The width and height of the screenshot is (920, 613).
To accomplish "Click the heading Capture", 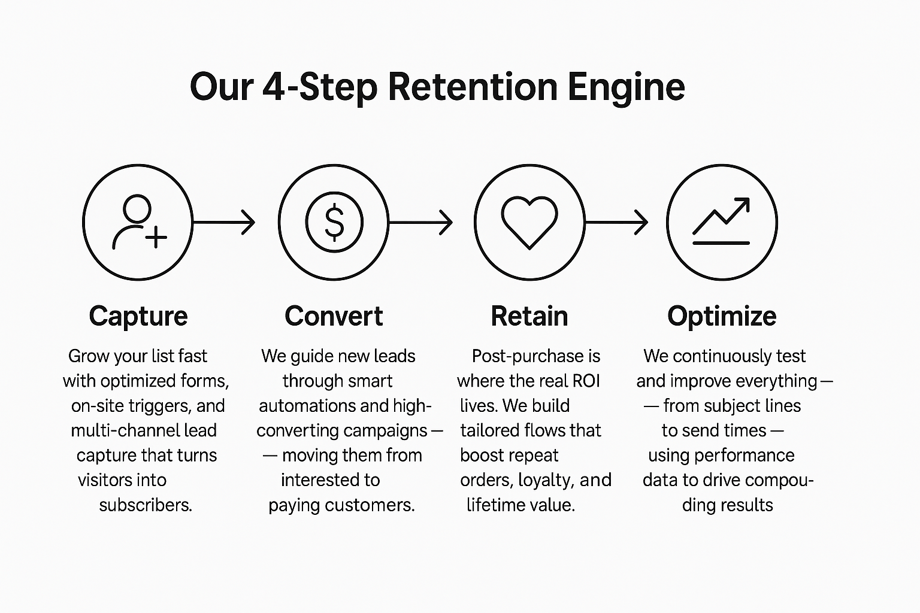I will pyautogui.click(x=138, y=316).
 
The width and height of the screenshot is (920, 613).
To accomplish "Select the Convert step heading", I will pyautogui.click(x=334, y=316).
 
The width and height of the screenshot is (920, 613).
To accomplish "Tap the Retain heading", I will pyautogui.click(x=529, y=316).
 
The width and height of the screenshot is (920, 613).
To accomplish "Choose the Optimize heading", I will pyautogui.click(x=722, y=316).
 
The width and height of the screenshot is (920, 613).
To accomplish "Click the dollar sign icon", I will pyautogui.click(x=334, y=222).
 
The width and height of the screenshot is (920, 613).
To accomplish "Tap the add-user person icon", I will pyautogui.click(x=138, y=222).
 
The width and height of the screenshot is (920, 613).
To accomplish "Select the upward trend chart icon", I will pyautogui.click(x=721, y=222).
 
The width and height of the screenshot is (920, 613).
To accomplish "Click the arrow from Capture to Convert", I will pyautogui.click(x=225, y=222).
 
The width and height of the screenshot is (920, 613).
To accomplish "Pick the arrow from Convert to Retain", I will pyautogui.click(x=420, y=222).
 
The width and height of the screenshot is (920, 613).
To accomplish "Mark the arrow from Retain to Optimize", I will pyautogui.click(x=616, y=222).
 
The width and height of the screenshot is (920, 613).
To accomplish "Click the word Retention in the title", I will pyautogui.click(x=473, y=87).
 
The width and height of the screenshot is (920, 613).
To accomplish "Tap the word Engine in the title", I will pyautogui.click(x=627, y=87).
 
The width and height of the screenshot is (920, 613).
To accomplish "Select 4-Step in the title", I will pyautogui.click(x=320, y=87).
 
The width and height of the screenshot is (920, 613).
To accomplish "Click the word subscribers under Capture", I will pyautogui.click(x=146, y=505).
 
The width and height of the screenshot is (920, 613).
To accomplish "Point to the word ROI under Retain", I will pyautogui.click(x=586, y=381).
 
